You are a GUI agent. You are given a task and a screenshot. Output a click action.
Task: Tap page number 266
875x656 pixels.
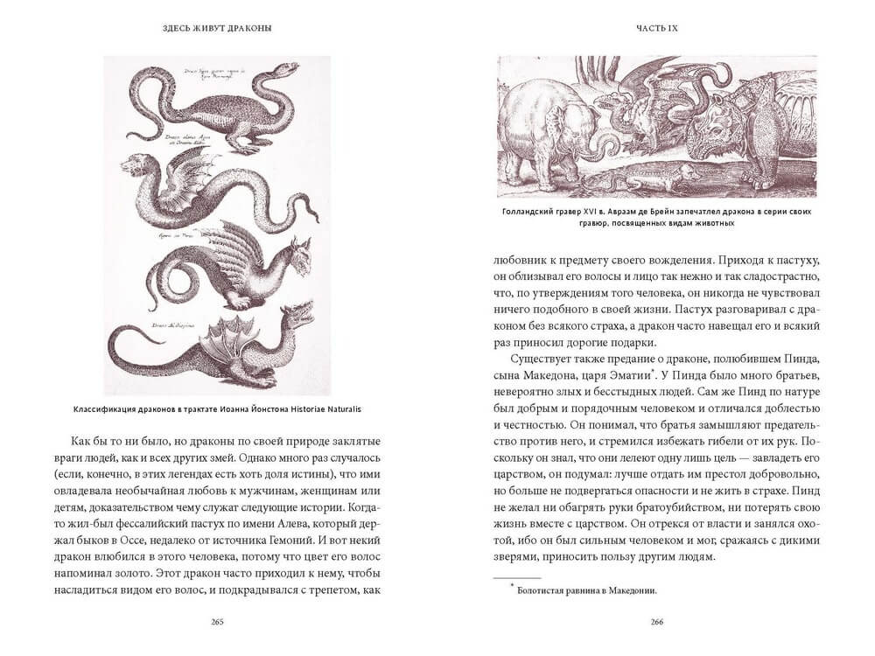point(655,622)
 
